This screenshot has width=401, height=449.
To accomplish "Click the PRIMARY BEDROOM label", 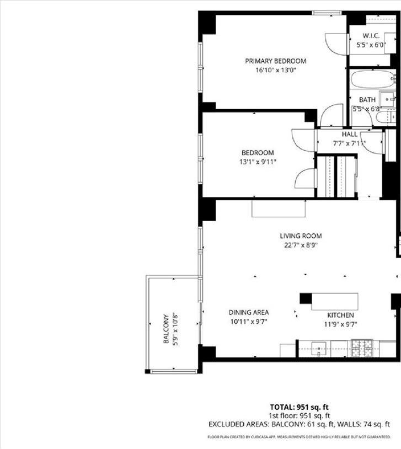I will [x=275, y=61].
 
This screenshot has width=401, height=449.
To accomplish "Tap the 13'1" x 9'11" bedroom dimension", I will [x=257, y=162].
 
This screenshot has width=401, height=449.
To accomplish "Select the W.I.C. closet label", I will [x=371, y=35].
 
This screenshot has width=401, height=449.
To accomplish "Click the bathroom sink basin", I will [x=390, y=100].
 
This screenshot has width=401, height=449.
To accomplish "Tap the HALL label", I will [x=349, y=134].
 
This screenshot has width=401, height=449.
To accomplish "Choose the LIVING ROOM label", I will [x=301, y=236].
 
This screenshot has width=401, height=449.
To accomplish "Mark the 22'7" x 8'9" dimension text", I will [x=301, y=245].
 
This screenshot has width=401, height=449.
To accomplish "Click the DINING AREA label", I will [x=249, y=312].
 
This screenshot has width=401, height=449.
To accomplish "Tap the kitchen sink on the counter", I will [x=319, y=348].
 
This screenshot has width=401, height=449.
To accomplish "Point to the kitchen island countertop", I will [x=334, y=301].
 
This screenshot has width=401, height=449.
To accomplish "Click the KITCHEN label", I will [x=340, y=315].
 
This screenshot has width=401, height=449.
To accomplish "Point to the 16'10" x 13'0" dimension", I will [x=276, y=70].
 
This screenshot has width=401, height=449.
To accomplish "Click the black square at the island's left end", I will [x=306, y=298].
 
